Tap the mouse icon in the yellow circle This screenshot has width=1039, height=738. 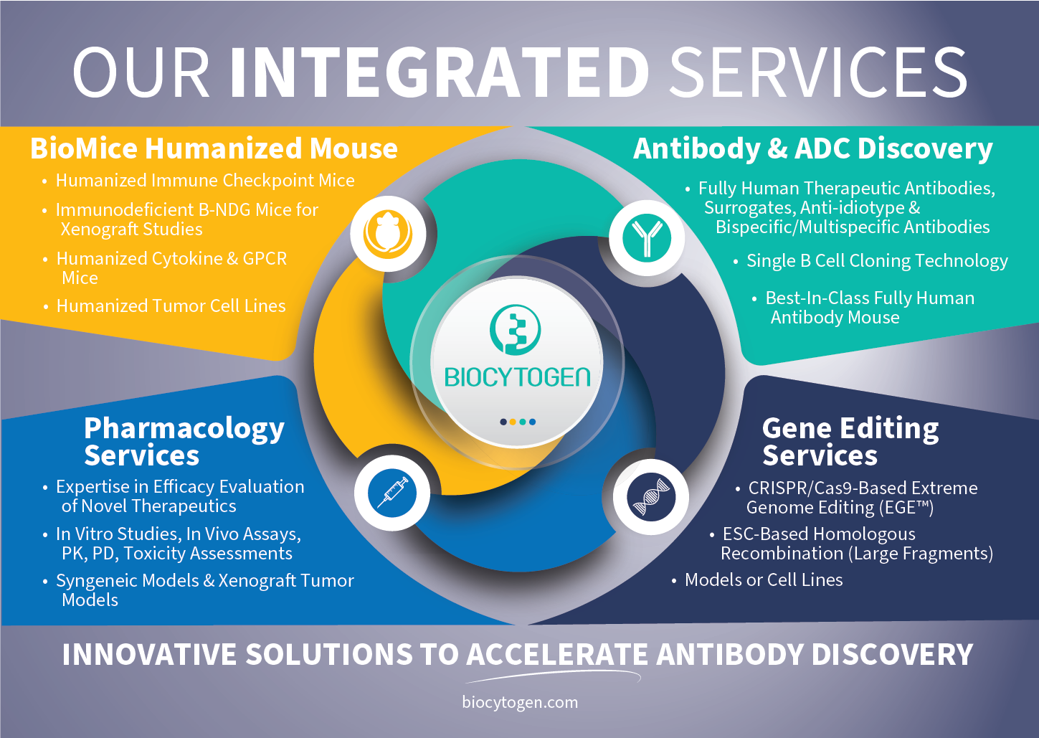(x=388, y=234)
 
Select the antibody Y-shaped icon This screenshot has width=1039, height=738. (x=647, y=238)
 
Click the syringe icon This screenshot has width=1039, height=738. (x=392, y=493)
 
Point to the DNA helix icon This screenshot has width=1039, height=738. (x=650, y=496)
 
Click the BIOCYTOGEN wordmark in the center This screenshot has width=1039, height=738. (x=517, y=377)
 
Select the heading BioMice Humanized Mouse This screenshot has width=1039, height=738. (x=214, y=148)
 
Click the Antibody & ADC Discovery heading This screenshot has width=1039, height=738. (x=812, y=148)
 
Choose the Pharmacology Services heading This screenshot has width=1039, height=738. (x=184, y=441)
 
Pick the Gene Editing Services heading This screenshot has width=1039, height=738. (x=850, y=441)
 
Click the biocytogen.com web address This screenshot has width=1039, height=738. (x=520, y=702)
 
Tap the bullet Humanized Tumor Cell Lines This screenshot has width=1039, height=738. (x=171, y=306)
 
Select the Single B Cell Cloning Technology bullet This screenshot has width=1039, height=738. (x=876, y=261)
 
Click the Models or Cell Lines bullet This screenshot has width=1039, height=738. (x=764, y=579)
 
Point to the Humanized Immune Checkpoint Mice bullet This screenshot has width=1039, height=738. (x=205, y=181)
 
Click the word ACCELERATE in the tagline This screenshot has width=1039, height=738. (x=557, y=654)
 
